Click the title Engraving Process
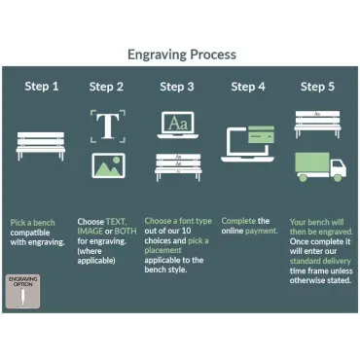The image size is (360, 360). tap(182, 54)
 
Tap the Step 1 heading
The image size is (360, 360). tap(42, 87)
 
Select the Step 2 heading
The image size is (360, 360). tap(106, 87)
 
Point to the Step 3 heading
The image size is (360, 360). tap(177, 87)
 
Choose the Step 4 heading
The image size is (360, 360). tap(248, 87)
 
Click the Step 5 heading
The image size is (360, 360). tap(317, 87)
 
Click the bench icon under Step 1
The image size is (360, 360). tap(41, 146)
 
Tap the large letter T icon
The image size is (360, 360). tap(108, 126)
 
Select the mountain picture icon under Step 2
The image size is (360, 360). tap(108, 165)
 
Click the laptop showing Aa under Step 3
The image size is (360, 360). tap(178, 126)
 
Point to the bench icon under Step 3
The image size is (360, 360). tap(178, 167)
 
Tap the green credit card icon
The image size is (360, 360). tap(261, 134)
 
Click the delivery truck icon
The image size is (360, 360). tap(321, 167)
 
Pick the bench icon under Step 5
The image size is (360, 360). tap(317, 125)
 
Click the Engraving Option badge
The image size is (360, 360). tap(23, 291)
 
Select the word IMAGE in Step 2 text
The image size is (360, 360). tap(90, 232)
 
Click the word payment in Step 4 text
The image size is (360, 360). tap(262, 232)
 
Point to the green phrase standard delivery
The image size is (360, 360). tap(320, 262)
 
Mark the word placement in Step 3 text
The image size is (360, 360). tap(162, 251)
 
